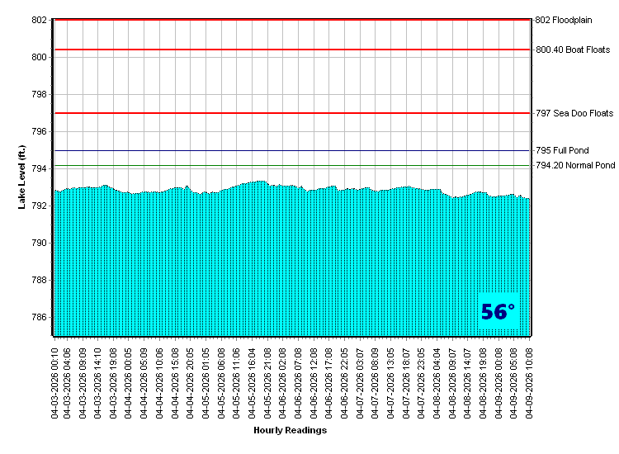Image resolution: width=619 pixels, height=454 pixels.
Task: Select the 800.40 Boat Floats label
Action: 573,50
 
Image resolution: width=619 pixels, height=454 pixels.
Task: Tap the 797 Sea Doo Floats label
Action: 574,113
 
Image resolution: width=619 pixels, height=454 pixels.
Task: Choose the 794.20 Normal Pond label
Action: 575,166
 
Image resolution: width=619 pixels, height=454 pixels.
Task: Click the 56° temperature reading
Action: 498,312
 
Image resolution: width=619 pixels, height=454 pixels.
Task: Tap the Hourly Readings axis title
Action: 290,430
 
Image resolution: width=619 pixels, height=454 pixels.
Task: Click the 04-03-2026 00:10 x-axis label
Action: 54,380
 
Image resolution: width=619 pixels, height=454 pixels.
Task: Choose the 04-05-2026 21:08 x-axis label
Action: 267,380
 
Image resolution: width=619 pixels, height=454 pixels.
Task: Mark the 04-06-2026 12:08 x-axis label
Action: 314,380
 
